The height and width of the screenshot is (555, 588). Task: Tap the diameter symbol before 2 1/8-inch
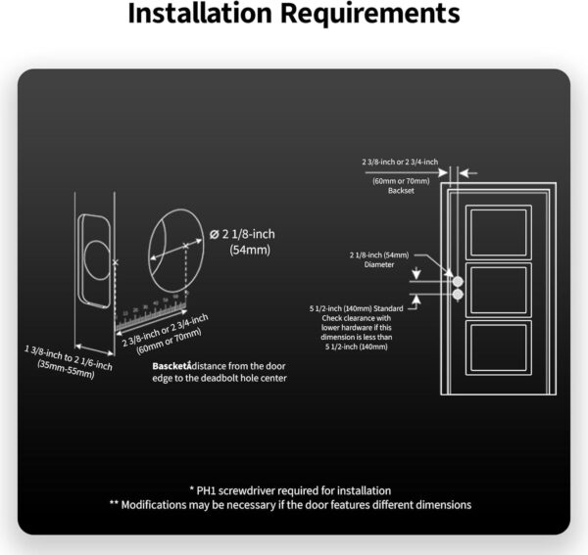tap(215, 234)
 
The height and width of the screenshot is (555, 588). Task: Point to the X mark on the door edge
tap(115, 263)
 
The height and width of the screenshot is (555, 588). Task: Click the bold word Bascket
tap(173, 366)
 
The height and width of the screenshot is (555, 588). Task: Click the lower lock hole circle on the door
tap(458, 292)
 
